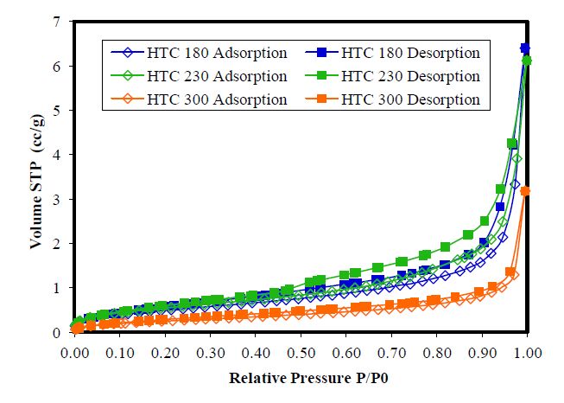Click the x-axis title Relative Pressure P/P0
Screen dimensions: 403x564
301,379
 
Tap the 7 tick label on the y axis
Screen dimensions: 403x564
58,21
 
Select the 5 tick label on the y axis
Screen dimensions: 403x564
58,110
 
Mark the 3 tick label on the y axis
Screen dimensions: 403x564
58,199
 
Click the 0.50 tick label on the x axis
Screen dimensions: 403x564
301,353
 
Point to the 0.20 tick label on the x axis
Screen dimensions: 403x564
165,353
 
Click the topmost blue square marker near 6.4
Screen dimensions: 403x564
525,48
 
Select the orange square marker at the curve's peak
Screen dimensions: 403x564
526,191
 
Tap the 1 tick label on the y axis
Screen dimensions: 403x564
58,288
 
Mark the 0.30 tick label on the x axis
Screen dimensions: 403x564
210,353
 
